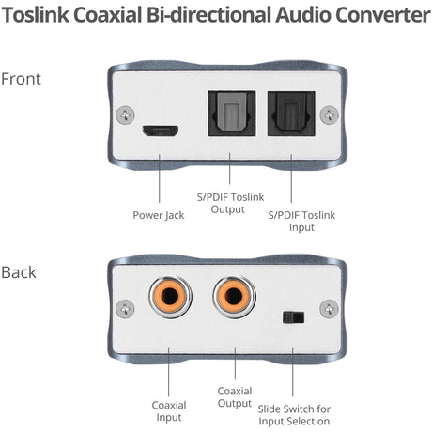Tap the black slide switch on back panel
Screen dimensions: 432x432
pos(293,316)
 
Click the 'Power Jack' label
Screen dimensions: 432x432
pos(159,214)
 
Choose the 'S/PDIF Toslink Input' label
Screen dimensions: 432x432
pos(301,222)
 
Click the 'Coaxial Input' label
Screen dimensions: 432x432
pos(169,411)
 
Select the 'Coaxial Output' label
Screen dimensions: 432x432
pos(234,397)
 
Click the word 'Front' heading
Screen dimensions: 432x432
pos(21,78)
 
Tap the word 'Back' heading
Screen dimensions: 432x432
pos(19,272)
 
